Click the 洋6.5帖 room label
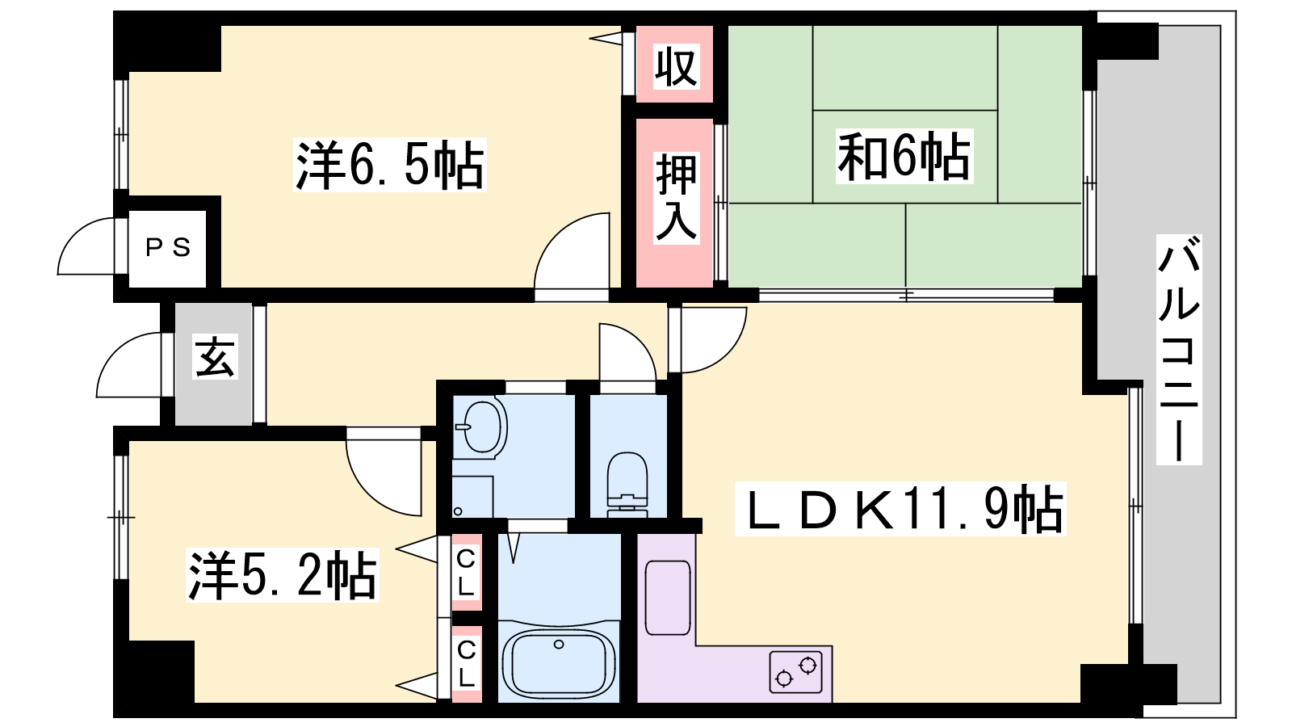point(390,165)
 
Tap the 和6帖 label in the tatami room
point(904,156)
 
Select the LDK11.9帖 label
point(901,509)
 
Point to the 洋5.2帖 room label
point(282,576)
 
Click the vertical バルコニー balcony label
point(1179,349)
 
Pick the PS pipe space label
point(168,247)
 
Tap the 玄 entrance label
point(215,358)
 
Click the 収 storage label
point(675,66)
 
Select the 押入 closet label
point(675,198)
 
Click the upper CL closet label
point(466,572)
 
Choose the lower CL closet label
point(466,662)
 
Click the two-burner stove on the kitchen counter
point(795,671)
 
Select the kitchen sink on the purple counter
point(667,598)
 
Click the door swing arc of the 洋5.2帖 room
point(380,477)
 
